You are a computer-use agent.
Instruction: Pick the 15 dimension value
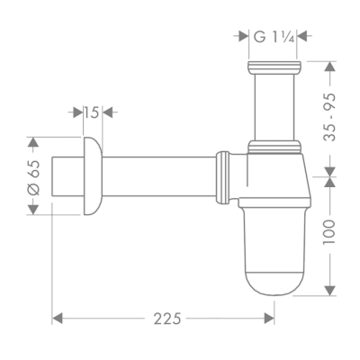click(90, 112)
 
